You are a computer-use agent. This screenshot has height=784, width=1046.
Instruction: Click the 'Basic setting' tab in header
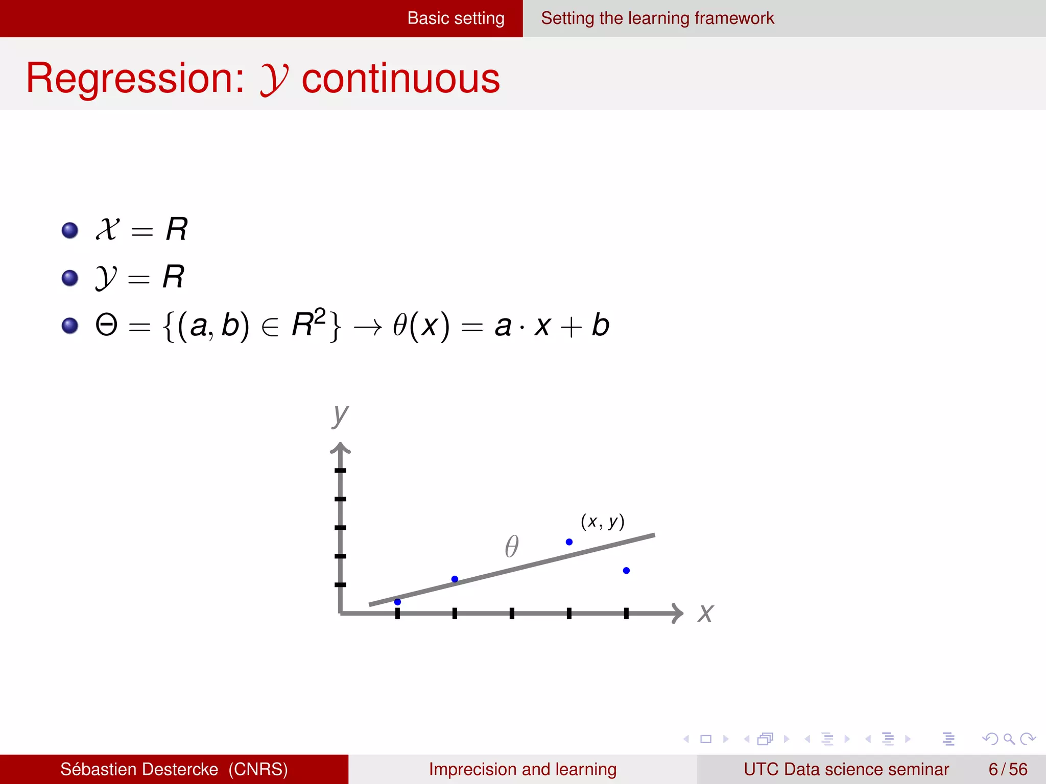[x=456, y=18]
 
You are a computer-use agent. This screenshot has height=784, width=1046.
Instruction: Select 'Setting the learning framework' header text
[x=657, y=18]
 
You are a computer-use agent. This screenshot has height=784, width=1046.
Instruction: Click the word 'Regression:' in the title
[x=135, y=79]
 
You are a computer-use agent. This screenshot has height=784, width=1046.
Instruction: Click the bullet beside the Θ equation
[x=70, y=325]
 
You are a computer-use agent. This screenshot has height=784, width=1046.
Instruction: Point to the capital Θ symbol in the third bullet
[x=107, y=325]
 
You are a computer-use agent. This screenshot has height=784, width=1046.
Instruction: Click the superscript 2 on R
[x=320, y=316]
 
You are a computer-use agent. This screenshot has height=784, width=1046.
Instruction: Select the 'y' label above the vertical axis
[x=340, y=415]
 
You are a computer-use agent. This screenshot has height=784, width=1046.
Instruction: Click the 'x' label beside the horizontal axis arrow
[x=706, y=613]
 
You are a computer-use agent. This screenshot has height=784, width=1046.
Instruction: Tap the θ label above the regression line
[x=512, y=546]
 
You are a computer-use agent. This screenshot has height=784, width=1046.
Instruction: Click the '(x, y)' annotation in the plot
[x=603, y=521]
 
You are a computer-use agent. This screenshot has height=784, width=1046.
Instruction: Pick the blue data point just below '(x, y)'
[x=569, y=542]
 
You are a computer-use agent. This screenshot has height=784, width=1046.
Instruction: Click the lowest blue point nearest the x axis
[x=397, y=602]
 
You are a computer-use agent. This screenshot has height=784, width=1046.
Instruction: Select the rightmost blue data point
[x=626, y=571]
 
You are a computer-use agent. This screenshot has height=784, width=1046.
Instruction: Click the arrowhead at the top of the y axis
[x=340, y=449]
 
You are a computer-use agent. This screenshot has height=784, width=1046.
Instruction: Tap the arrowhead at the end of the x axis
[x=678, y=613]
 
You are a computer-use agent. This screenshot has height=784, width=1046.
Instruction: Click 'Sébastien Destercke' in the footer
[x=139, y=769]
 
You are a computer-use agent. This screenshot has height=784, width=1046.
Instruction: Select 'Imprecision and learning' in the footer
[x=522, y=769]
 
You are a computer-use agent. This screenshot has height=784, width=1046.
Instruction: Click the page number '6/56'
[x=1008, y=769]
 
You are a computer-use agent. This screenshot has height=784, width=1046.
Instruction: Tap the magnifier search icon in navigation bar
[x=1009, y=739]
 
